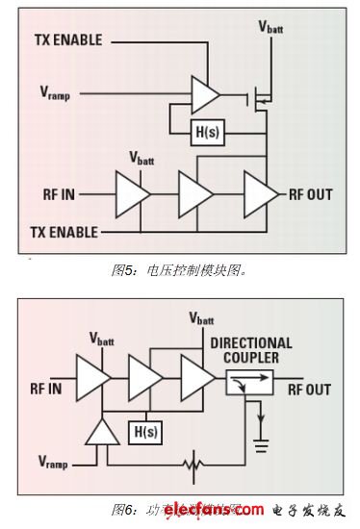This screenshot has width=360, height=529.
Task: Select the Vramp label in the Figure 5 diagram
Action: tap(55, 93)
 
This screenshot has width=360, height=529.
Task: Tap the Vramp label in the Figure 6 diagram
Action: tap(55, 462)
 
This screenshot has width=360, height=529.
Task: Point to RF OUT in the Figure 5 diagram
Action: tap(309, 194)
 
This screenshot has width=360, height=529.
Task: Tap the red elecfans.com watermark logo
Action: tap(207, 509)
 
